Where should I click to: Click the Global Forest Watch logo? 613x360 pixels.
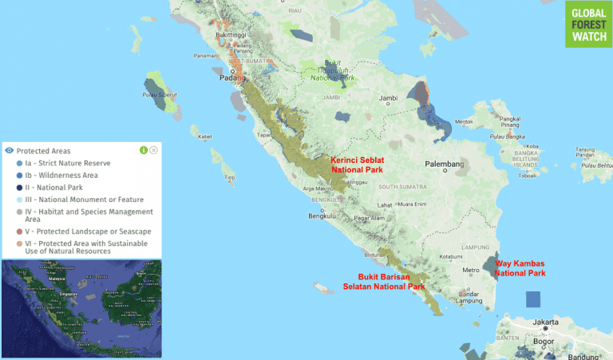click(x=588, y=24)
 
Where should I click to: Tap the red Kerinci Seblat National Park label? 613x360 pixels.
click(x=357, y=164)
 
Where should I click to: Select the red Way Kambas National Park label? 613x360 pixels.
click(x=520, y=267)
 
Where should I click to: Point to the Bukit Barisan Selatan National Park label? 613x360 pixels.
click(x=382, y=281)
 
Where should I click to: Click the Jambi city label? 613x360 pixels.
click(x=388, y=98)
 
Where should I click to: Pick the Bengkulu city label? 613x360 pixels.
click(x=322, y=216)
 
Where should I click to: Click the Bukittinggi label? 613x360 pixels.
click(x=213, y=35)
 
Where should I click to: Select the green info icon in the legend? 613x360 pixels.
click(x=144, y=149)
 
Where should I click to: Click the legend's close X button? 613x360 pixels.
click(x=153, y=149)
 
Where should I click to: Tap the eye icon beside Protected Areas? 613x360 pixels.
click(x=9, y=150)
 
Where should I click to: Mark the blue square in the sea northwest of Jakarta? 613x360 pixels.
click(x=532, y=300)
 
